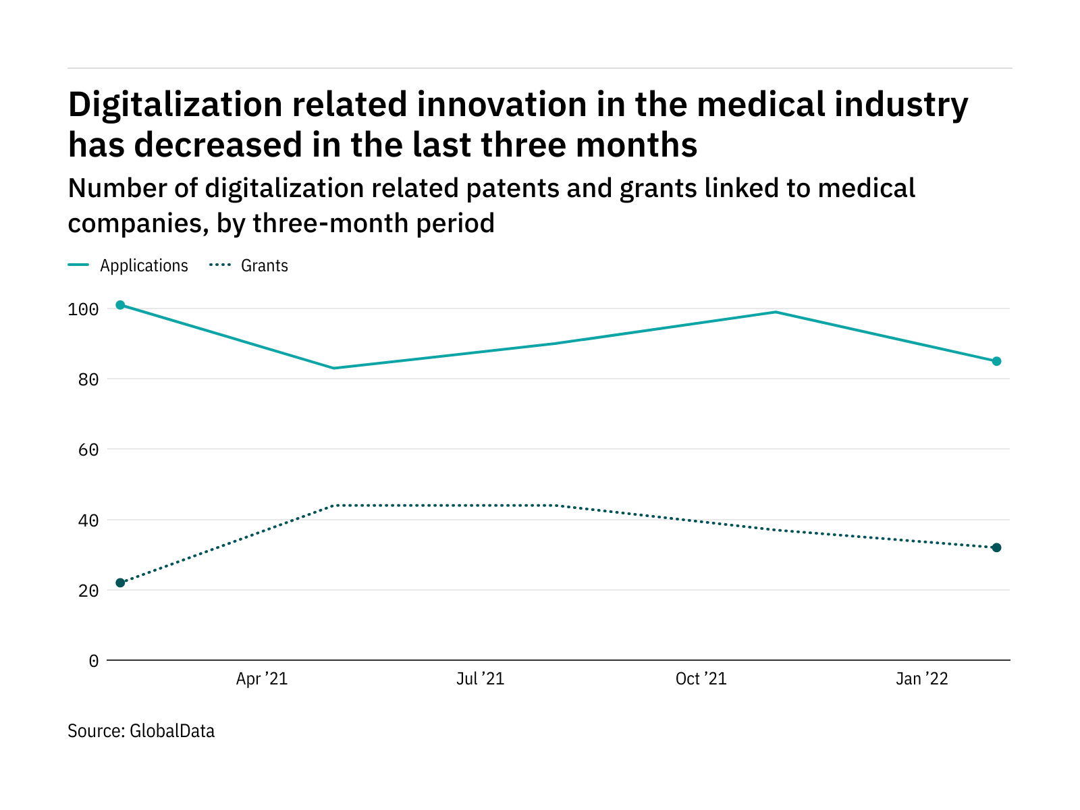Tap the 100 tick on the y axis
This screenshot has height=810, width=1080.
[83, 310]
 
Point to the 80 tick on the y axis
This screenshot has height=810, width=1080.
[88, 380]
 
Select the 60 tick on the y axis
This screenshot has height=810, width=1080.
[88, 450]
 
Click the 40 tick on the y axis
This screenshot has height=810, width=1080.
[88, 520]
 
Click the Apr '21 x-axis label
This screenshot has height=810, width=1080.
[262, 679]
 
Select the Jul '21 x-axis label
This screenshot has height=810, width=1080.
[480, 679]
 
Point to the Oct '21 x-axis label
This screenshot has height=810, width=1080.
[701, 679]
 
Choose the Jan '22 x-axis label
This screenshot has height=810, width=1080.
[921, 679]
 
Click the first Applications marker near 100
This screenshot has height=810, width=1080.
[120, 305]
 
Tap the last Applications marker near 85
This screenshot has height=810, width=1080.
[996, 361]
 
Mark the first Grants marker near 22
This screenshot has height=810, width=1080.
[120, 583]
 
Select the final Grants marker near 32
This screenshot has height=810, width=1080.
[996, 547]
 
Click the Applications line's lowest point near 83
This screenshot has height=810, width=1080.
[334, 368]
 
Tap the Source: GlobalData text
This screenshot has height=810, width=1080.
[141, 731]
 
